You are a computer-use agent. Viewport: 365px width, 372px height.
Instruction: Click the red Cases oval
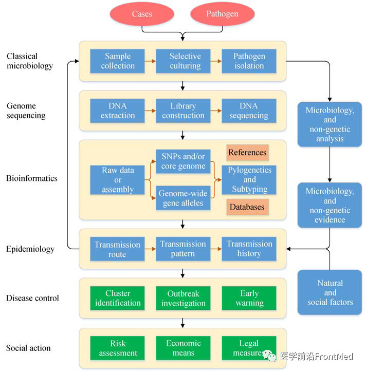click(142, 14)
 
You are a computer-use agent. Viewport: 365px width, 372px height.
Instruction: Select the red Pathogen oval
click(222, 14)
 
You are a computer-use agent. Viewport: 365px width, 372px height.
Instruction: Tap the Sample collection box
click(118, 61)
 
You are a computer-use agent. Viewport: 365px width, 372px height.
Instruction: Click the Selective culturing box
click(184, 61)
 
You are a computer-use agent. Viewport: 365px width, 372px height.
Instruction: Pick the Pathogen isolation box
click(249, 61)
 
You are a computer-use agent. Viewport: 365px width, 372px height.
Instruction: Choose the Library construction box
click(184, 110)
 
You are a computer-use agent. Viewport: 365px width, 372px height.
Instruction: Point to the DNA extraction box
click(118, 110)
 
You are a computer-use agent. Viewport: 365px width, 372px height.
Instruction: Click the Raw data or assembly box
click(118, 180)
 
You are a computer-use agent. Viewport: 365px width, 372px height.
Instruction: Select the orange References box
click(247, 153)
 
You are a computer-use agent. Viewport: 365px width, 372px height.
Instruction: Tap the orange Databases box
click(247, 207)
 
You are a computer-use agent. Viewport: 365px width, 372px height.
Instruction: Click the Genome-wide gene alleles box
click(184, 198)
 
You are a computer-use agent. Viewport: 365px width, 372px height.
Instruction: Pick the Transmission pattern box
click(184, 249)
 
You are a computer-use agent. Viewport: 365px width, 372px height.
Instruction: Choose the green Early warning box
click(249, 298)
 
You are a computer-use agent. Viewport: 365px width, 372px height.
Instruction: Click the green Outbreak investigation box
click(184, 298)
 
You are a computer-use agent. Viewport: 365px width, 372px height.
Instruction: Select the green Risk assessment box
click(118, 348)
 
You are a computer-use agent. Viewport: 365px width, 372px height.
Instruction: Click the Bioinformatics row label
click(32, 179)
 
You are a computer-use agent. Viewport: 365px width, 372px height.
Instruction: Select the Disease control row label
click(32, 298)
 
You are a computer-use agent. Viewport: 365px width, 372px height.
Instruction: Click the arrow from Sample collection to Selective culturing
click(150, 61)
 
